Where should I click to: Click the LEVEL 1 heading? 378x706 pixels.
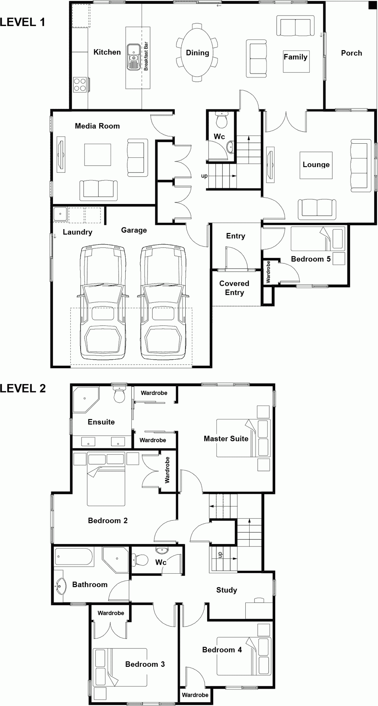(x=23, y=23)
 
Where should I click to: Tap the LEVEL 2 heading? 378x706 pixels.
(x=23, y=388)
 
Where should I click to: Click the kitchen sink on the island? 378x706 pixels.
(x=133, y=56)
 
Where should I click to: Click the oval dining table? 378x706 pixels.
(x=197, y=53)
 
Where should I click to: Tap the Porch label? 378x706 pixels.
(x=351, y=53)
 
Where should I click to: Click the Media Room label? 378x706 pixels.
(x=97, y=126)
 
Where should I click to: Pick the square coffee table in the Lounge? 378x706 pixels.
(x=316, y=165)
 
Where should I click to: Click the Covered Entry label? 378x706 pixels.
(x=234, y=288)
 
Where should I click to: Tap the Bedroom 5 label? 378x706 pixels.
(x=311, y=259)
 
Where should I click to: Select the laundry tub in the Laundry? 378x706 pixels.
(x=60, y=214)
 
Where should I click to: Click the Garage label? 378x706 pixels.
(x=134, y=230)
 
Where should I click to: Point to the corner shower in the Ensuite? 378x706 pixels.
(x=85, y=399)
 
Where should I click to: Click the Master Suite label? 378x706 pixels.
(x=226, y=439)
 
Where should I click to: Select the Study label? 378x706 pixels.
(x=226, y=590)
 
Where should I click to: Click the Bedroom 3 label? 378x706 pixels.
(x=145, y=664)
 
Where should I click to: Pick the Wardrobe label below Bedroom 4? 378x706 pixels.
(x=195, y=695)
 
